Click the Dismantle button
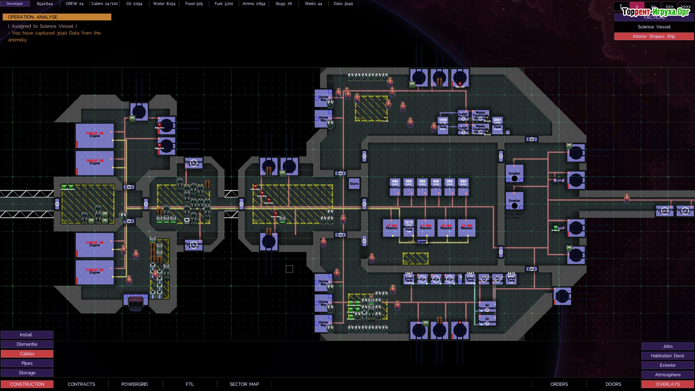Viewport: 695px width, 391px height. [27, 344]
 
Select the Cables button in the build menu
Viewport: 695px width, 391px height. [27, 354]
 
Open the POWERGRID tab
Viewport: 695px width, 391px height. [134, 384]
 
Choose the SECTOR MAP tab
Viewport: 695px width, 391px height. [244, 384]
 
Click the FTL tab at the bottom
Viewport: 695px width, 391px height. [190, 384]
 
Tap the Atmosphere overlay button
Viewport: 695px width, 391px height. [667, 375]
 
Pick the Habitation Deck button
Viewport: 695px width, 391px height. [667, 356]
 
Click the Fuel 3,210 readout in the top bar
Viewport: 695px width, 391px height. [224, 4]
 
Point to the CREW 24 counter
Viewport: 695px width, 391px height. [75, 4]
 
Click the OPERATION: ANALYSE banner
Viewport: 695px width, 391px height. [57, 17]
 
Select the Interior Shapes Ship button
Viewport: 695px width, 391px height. [654, 37]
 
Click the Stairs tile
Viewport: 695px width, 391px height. [354, 184]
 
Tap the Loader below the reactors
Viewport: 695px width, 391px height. [422, 242]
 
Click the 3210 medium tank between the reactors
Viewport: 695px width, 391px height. [409, 227]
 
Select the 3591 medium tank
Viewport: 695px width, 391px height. [497, 125]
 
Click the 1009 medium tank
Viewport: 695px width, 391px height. [443, 125]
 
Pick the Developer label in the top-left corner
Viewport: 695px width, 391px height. [15, 4]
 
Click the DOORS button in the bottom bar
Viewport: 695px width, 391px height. [613, 384]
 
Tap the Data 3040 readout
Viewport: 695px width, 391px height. [343, 4]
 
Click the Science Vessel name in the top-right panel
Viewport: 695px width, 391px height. [654, 27]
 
